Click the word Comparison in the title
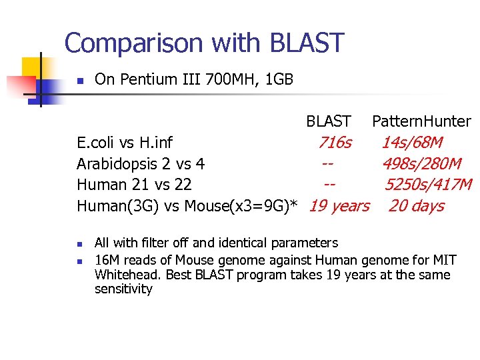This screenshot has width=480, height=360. click(x=134, y=43)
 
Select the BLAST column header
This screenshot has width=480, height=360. click(x=328, y=121)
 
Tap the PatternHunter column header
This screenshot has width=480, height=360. click(x=421, y=121)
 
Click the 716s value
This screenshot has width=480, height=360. click(x=335, y=143)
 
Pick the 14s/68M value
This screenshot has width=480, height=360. click(x=411, y=143)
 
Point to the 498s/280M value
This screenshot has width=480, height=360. click(x=421, y=164)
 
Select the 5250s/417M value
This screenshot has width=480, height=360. click(x=427, y=185)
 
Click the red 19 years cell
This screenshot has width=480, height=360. click(x=339, y=206)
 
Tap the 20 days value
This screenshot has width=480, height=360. click(x=416, y=206)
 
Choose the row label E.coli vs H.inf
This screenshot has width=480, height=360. click(x=125, y=143)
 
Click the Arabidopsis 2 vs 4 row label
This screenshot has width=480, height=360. click(x=141, y=164)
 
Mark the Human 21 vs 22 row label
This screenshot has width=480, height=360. click(x=134, y=185)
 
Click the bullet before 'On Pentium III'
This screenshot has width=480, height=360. click(x=79, y=81)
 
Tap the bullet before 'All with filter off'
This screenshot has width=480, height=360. click(x=79, y=243)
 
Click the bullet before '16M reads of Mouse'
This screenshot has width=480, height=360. click(x=79, y=260)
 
